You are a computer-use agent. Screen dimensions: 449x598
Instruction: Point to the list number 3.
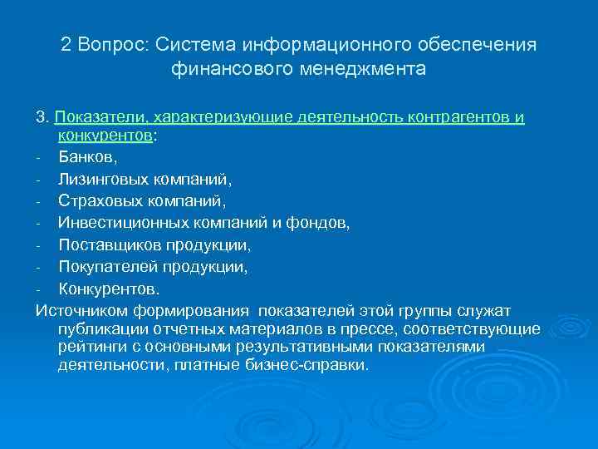pos(41,117)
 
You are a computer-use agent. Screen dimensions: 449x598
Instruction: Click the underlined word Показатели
pos(92,117)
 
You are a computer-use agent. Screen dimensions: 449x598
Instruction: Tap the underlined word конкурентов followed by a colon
pos(105,136)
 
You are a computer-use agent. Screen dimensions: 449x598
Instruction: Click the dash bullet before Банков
pos(39,155)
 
